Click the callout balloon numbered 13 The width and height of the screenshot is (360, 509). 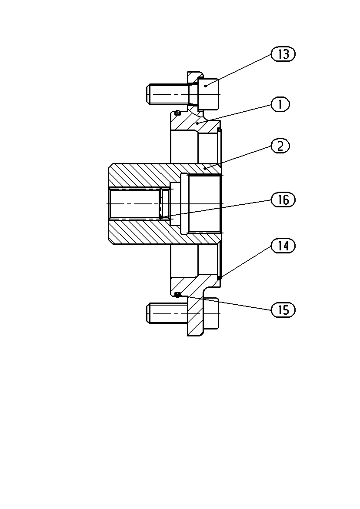coord(283,54)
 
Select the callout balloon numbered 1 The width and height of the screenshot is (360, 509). coord(280,104)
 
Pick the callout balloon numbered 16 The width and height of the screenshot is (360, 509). coord(283,200)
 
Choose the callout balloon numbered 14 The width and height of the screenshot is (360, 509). coord(283,246)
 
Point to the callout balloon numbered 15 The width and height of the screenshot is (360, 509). coord(283,310)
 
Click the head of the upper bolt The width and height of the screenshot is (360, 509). coord(208,94)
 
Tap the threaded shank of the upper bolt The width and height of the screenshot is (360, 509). coord(167,94)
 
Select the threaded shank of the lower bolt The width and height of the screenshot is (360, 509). coord(167,313)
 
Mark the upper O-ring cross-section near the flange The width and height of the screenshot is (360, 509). coord(177,113)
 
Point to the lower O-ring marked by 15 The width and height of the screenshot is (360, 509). coord(177,294)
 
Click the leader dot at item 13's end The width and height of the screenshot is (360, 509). coord(206,86)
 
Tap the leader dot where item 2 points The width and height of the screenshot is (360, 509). coord(205,169)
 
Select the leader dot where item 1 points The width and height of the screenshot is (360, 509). coord(197,124)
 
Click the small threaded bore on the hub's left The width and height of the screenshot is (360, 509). coord(135,203)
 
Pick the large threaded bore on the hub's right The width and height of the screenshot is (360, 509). coord(204,203)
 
